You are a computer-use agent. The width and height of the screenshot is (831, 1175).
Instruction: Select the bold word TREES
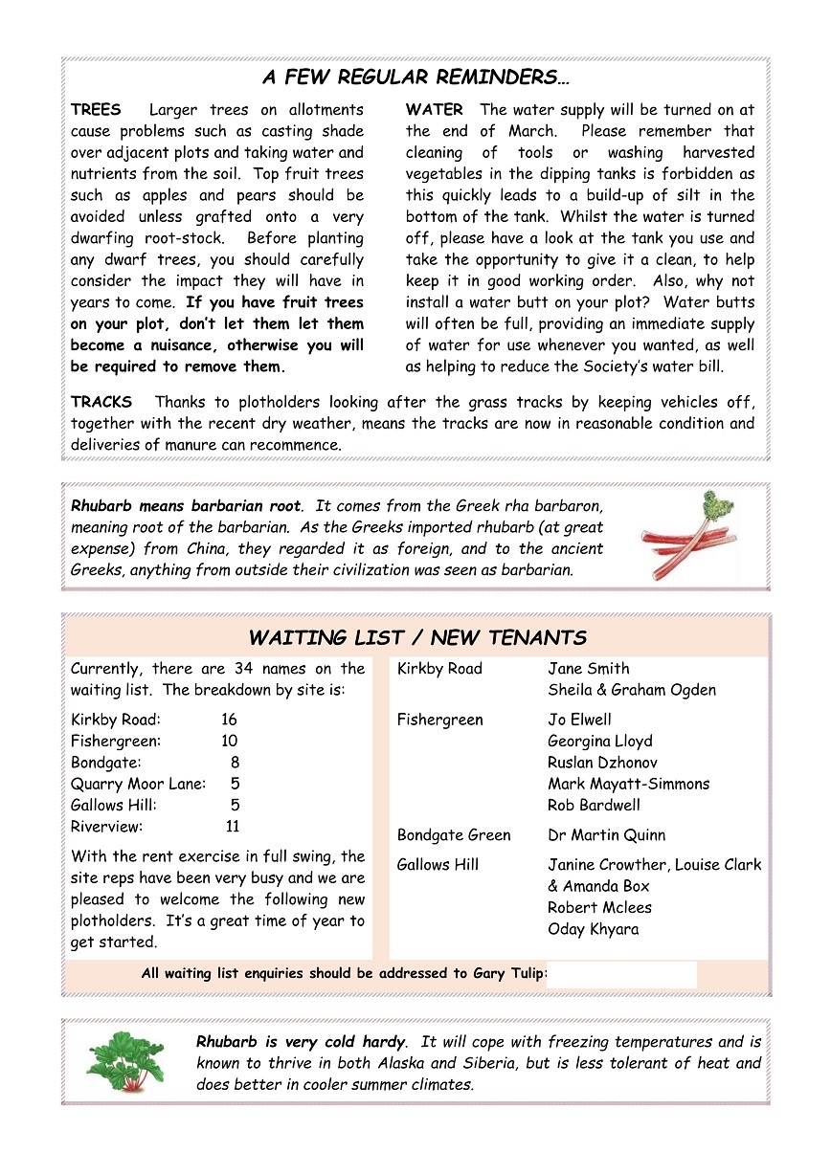96,110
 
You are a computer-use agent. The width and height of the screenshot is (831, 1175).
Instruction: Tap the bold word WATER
434,110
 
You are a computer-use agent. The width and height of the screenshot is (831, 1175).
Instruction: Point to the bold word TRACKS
101,402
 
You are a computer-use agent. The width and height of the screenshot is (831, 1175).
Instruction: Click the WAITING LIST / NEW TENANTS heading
417,637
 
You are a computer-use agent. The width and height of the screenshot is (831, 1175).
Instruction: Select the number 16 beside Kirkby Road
229,720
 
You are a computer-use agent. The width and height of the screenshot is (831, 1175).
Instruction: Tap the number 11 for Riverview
233,827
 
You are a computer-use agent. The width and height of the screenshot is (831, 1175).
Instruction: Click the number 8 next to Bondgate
235,763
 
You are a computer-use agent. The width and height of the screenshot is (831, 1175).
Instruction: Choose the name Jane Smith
589,669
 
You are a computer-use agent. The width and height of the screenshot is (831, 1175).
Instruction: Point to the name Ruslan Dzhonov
602,763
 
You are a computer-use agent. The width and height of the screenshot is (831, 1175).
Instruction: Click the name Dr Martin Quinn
607,835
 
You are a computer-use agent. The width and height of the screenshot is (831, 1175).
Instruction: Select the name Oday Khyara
594,929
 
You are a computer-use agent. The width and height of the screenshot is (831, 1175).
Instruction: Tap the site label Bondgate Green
454,835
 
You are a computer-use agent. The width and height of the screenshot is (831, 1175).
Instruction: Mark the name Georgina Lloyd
600,741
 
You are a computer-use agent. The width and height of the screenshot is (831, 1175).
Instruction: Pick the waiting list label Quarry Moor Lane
138,784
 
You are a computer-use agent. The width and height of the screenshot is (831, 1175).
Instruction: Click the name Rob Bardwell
595,806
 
